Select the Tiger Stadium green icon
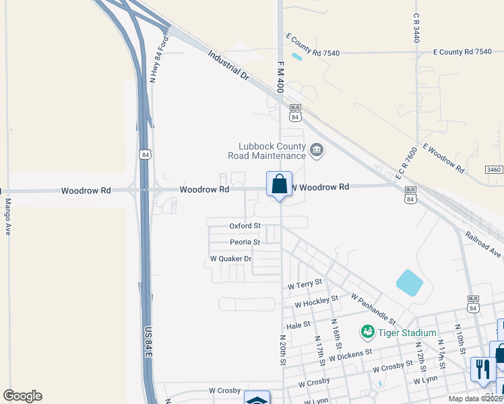click(368, 331)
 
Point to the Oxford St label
click(245, 226)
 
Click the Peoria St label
click(245, 242)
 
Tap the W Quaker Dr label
click(230, 259)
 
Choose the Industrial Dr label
click(228, 66)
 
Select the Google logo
click(22, 396)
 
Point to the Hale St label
click(297, 325)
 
